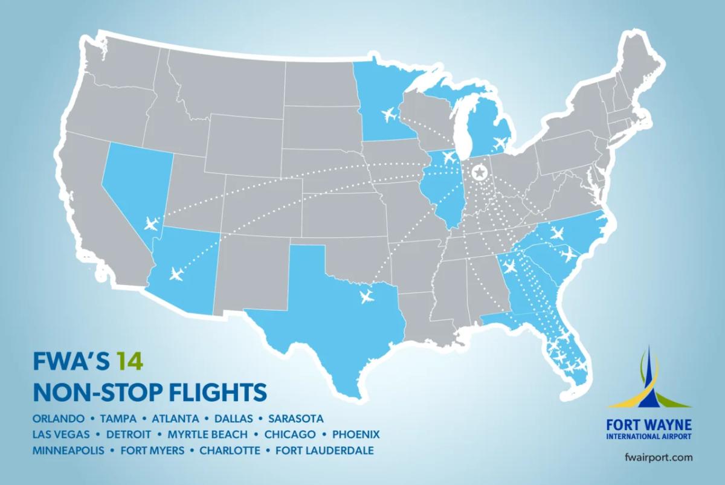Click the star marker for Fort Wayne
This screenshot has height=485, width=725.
(x=479, y=173)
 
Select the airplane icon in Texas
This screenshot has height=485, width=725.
(x=366, y=296)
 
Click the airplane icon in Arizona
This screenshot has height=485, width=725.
(x=176, y=274)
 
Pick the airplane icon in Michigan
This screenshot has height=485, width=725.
(x=500, y=143)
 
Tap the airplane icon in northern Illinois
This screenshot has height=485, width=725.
(x=448, y=157)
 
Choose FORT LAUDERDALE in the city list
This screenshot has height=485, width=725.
(x=324, y=451)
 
